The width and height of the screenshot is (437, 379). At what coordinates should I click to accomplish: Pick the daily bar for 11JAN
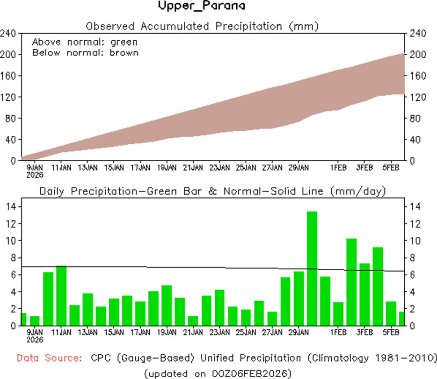61,296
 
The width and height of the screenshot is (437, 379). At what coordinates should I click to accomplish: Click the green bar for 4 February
378,286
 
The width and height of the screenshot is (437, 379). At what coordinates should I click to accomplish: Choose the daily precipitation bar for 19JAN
167,305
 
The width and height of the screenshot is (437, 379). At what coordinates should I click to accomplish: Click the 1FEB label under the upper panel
338,167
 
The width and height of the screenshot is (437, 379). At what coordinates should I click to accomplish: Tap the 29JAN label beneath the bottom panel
299,333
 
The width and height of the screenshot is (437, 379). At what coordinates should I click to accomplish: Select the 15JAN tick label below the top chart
114,167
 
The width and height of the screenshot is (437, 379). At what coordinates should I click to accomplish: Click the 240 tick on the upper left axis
8,33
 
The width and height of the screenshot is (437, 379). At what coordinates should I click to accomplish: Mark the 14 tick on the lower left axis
11,207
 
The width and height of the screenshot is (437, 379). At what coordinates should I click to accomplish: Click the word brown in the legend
124,52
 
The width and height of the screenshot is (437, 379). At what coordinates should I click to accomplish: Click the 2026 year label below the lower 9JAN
35,339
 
